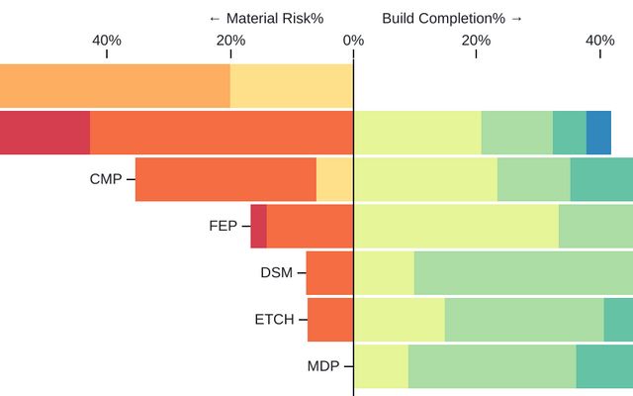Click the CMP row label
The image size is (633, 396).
pos(105,179)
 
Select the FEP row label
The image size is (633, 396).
pos(223,226)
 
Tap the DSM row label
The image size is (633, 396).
pos(276,272)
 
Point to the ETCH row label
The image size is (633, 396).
pos(274,319)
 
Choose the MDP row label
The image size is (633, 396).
pos(322,366)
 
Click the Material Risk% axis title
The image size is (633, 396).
pos(266,18)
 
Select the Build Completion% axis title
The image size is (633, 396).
pos(452,18)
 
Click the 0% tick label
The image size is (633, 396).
pos(353,40)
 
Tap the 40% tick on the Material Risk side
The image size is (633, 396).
pos(107,40)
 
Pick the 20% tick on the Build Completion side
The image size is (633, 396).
pos(476,40)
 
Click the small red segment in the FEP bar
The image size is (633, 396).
pos(258,226)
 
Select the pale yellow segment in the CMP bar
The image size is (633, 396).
pos(334,179)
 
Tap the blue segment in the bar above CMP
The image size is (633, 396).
pos(598,133)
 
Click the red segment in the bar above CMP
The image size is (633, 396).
pos(45,133)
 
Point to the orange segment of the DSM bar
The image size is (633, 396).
pos(329,272)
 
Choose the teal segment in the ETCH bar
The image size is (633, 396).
pos(618,319)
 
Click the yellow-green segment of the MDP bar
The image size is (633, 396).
pos(381,366)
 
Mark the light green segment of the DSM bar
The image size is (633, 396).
pos(523,272)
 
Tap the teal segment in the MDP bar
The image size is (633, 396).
pos(604,366)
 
